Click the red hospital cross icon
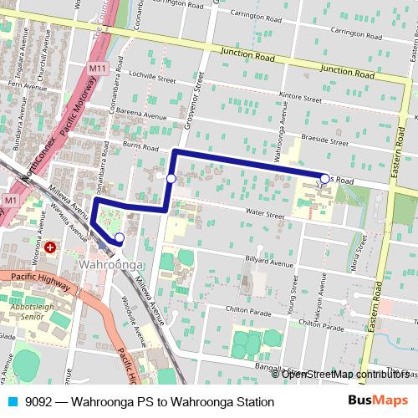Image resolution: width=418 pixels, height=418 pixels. click(51, 247)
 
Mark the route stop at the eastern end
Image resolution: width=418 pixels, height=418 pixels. click(324, 177)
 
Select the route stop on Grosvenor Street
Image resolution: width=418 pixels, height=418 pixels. click(171, 178)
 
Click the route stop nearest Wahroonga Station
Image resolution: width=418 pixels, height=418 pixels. click(120, 238)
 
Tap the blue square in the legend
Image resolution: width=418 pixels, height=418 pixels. click(12, 402)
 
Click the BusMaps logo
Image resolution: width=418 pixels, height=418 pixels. click(379, 401)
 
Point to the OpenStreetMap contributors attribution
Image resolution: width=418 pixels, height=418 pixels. click(345, 375)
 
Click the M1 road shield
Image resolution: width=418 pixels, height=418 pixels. click(11, 201)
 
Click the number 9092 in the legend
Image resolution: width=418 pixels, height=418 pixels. click(38, 402)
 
